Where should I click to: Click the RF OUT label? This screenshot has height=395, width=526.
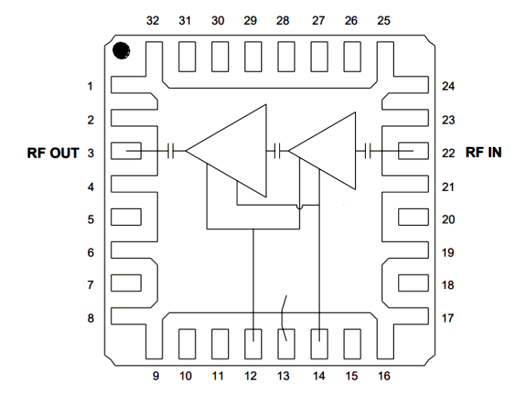click(53, 153)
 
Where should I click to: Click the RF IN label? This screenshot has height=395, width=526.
click(483, 152)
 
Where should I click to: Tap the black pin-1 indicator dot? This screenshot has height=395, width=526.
click(121, 51)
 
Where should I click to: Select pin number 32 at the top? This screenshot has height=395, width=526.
click(152, 21)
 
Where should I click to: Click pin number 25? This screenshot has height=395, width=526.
click(384, 21)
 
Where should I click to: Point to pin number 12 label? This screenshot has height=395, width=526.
click(250, 376)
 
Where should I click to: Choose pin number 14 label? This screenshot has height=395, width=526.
click(319, 376)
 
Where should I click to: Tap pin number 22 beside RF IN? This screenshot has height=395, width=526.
click(448, 153)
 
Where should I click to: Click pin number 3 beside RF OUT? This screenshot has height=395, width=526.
click(91, 153)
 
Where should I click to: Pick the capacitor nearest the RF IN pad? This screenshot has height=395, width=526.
click(370, 152)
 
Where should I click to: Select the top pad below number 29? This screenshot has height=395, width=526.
click(251, 56)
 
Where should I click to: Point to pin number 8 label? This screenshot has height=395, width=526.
click(91, 318)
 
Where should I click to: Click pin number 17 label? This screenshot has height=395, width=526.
click(448, 318)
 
